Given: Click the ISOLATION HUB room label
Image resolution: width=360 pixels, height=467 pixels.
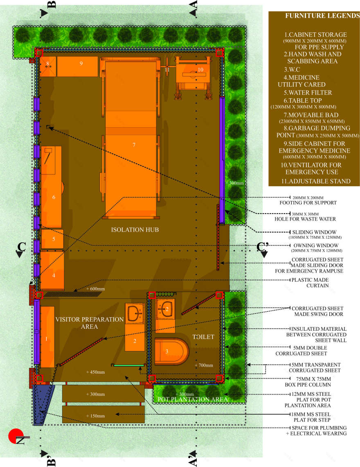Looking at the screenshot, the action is (x=135, y=230).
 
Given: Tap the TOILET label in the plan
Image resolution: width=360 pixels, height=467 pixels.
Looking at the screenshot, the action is (x=203, y=337).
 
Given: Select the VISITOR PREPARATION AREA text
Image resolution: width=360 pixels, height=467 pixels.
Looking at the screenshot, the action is (x=89, y=323).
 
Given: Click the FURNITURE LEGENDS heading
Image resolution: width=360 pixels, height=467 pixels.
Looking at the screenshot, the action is (x=322, y=16).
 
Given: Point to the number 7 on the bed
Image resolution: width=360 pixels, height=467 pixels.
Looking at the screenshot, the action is (x=134, y=145).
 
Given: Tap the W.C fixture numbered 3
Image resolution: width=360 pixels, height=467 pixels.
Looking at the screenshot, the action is (x=172, y=351).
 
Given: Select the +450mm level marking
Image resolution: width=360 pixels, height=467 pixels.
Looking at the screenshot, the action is (x=95, y=372).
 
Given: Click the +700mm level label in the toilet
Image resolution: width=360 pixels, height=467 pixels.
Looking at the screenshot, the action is (x=204, y=365).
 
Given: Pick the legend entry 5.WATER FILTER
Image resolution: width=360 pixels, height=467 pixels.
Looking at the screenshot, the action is (x=308, y=92).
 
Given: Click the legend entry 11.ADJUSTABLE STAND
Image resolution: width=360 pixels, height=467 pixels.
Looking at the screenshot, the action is (x=316, y=181).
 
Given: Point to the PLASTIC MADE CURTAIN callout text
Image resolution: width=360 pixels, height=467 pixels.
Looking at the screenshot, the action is (x=310, y=283).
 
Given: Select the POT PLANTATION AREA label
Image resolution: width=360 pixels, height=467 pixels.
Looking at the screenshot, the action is (x=192, y=399).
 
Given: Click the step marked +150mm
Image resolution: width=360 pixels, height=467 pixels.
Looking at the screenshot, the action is (x=103, y=414).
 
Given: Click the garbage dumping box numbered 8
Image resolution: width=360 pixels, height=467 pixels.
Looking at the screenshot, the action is (x=47, y=66).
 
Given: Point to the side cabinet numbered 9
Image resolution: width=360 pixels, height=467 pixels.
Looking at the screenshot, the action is (x=77, y=66).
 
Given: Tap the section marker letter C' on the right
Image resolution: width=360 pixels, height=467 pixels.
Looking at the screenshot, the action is (x=263, y=247).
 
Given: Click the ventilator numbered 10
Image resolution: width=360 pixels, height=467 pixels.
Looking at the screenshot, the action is (x=193, y=74).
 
